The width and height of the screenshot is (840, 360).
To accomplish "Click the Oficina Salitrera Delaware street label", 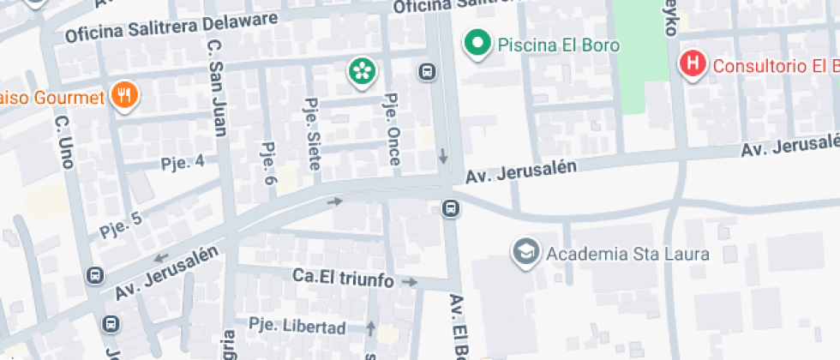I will point(171,27).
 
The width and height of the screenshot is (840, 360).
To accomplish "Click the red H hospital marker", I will point(692,64).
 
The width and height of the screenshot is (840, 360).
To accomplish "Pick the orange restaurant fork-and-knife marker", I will point(125,95).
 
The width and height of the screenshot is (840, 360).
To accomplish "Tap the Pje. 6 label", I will point(268,164).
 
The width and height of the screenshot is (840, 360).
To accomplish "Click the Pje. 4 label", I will point(183,162).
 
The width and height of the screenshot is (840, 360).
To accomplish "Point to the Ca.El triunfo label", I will point(343,279).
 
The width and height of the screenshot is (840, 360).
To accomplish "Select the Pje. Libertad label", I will point(297,327).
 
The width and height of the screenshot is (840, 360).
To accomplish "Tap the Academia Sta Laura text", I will point(627,254).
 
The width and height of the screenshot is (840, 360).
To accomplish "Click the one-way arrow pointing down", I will point(443,156).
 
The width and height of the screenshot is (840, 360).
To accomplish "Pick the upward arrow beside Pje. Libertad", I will point(371,327).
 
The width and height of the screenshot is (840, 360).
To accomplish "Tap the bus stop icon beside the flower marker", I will point(426,71).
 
